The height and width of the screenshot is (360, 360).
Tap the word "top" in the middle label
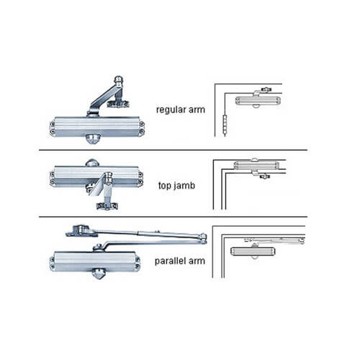click(163, 185)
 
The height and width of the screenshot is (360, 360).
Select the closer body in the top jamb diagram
click(256, 166)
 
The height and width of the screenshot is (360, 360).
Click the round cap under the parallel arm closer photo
click(97, 273)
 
